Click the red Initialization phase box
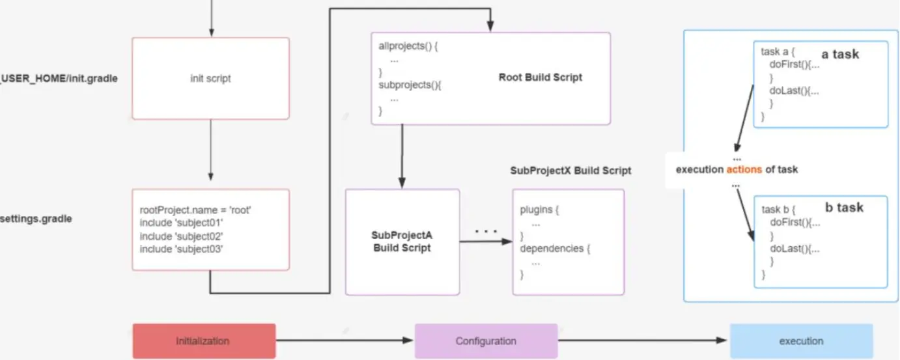(204, 340)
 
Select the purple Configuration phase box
(486, 340)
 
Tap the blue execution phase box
(801, 340)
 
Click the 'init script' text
(210, 78)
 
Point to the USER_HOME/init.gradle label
(59, 78)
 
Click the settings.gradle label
(36, 219)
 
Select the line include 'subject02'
(181, 236)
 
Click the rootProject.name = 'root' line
(195, 210)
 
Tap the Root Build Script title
(541, 77)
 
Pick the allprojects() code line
(408, 46)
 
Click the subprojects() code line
(410, 85)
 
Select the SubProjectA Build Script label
(402, 242)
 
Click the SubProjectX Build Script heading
(570, 171)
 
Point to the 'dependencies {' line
(555, 248)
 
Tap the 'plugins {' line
(539, 210)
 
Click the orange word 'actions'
(744, 169)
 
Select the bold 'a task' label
(840, 54)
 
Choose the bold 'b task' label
(844, 207)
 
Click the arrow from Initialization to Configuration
(345, 340)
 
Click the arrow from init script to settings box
(210, 150)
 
